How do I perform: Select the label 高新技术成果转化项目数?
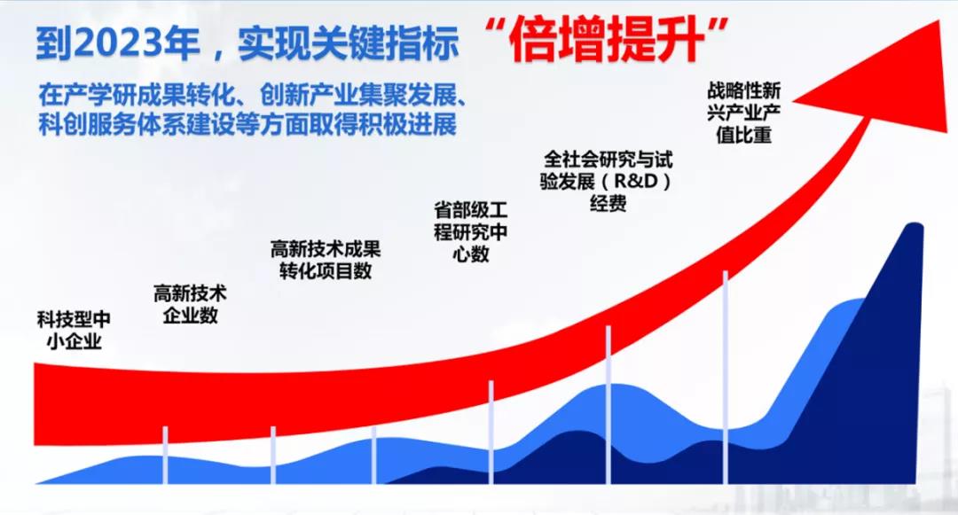[x=326, y=260]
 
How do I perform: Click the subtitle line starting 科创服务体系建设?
[x=247, y=124]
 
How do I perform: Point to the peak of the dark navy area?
[x=914, y=229]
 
